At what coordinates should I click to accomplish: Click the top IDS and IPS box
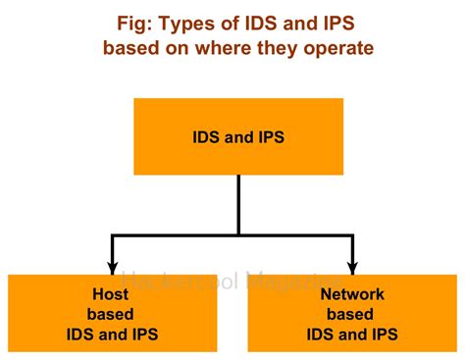238,136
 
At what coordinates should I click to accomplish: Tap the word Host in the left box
111,294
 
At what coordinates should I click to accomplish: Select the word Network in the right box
351,294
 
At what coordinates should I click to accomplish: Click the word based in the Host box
111,314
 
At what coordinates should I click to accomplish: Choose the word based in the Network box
351,314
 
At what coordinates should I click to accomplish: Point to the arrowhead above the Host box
112,267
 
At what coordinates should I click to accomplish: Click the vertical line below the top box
238,204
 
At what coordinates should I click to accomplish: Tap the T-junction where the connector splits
238,235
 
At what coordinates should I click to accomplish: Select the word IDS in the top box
207,137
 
